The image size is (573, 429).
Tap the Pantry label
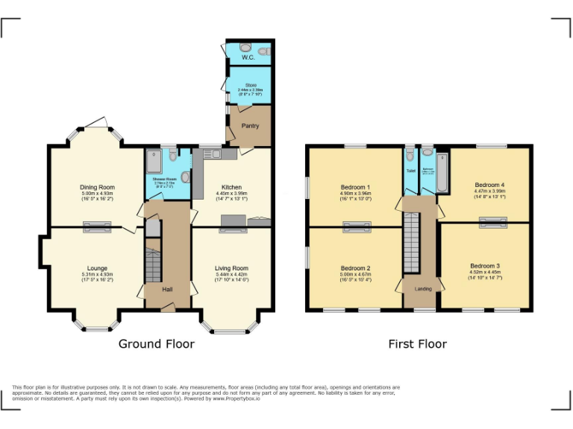tap(250, 126)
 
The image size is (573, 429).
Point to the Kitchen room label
tap(231, 188)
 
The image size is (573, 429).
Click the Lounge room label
tap(97, 268)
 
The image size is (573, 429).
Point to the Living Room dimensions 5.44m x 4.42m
tap(231, 276)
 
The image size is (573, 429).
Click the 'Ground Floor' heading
tap(157, 344)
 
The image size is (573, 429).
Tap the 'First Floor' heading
tap(417, 344)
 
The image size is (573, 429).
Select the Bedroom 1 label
tap(356, 187)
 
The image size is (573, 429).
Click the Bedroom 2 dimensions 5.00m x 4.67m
tap(356, 276)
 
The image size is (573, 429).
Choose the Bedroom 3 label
tap(485, 266)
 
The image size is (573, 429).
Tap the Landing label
tap(423, 289)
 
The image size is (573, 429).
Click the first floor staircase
tap(413, 242)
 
